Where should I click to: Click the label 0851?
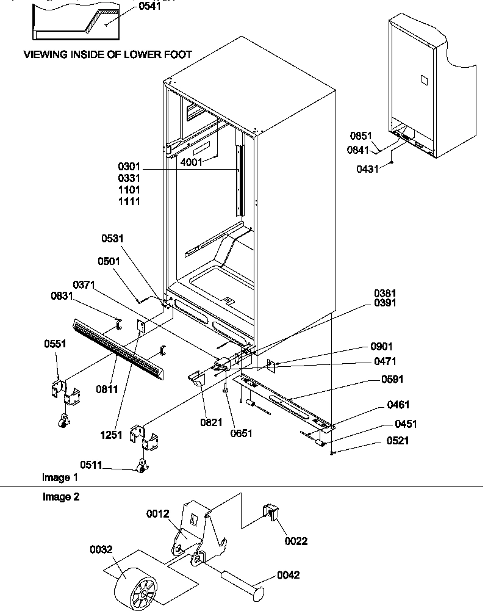coord(362,137)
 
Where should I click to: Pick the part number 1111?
coord(129,201)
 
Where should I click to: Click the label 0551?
coord(56,344)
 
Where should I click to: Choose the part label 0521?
coord(396,440)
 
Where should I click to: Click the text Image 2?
coord(60,497)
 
